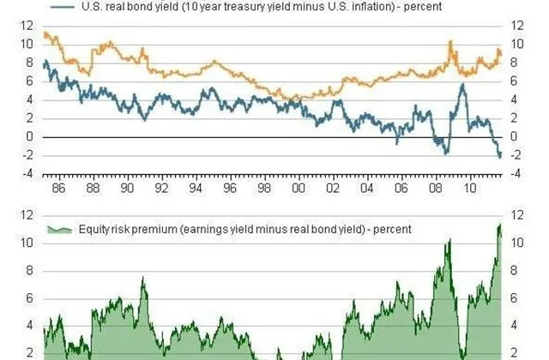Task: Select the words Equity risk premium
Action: tap(117, 229)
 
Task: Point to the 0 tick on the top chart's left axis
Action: tap(31, 137)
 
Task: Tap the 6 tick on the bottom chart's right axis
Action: tap(516, 298)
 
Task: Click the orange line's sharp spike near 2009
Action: tap(449, 42)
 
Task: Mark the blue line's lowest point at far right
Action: tap(500, 157)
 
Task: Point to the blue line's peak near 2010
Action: tap(463, 84)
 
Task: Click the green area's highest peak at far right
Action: tap(500, 225)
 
